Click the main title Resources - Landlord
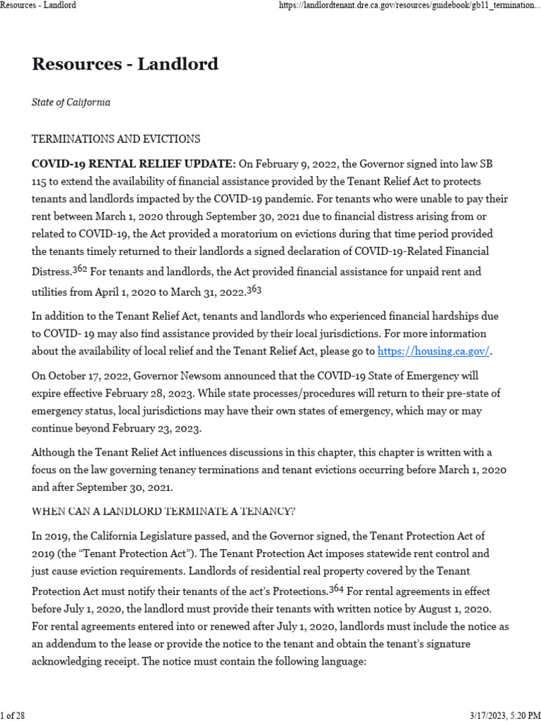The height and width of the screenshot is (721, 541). [125, 65]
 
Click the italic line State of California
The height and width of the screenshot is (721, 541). [71, 103]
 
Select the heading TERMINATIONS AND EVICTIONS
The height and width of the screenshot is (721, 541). [116, 139]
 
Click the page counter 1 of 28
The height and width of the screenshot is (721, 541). [13, 715]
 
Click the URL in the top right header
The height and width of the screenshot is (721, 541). [409, 5]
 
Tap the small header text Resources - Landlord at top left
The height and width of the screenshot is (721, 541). [39, 5]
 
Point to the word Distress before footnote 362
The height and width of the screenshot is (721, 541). [51, 272]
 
